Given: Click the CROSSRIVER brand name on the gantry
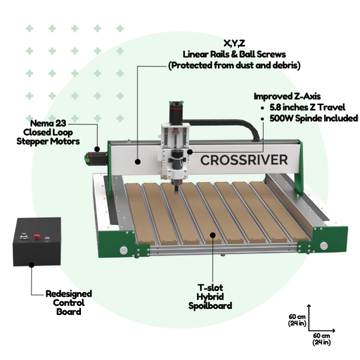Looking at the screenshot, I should point(243,160).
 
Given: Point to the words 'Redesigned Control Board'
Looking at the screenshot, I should point(68,302).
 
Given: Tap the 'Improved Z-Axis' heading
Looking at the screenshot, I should point(287,96).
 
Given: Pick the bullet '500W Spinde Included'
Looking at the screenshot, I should point(310,118).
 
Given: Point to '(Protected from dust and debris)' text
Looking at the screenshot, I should point(234,65).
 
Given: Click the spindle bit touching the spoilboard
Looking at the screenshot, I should point(176,187).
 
